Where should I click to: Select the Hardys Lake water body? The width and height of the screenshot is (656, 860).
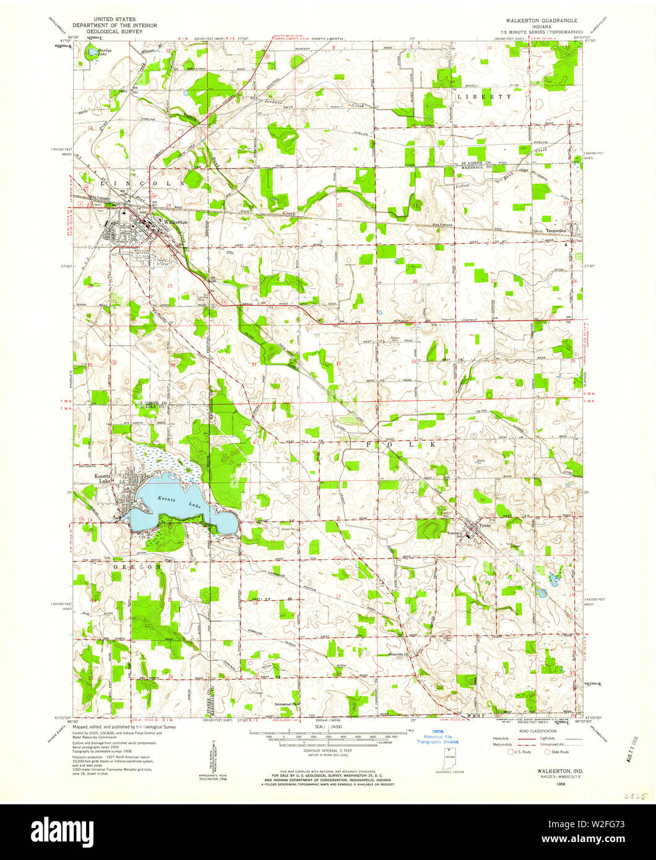pos(92,53)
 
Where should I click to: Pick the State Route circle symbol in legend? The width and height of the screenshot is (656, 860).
pos(546,752)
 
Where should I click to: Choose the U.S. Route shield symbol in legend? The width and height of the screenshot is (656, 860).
pos(510,752)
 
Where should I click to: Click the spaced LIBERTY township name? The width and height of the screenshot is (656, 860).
pos(484,97)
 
